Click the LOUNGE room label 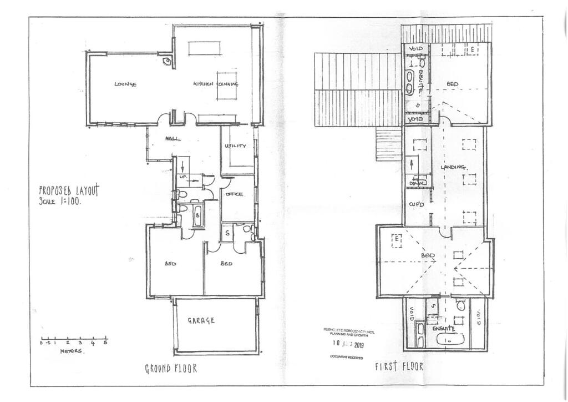click(x=125, y=84)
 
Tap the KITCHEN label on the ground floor click(x=203, y=84)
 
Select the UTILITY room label click(x=235, y=146)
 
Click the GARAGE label click(x=201, y=320)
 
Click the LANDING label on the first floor click(x=452, y=167)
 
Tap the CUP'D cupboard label click(x=417, y=204)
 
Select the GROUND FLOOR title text click(x=171, y=368)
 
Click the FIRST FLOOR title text click(x=399, y=366)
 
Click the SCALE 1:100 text click(x=60, y=202)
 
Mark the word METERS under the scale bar click(x=71, y=351)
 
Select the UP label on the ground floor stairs click(x=183, y=177)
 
